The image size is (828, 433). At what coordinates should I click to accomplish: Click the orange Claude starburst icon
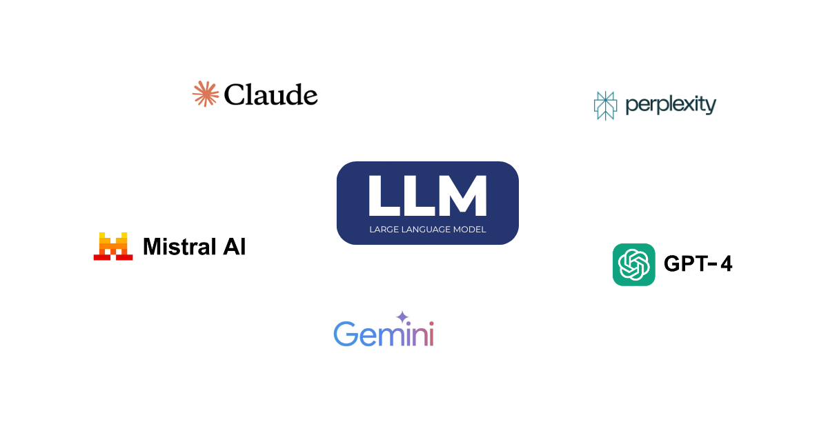[x=205, y=94]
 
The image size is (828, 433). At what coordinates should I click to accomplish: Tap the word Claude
[x=271, y=95]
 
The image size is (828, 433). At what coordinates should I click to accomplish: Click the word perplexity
[x=671, y=105]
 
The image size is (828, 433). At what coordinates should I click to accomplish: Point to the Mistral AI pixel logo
[x=113, y=246]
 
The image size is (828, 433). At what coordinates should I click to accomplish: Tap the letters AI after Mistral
[x=233, y=246]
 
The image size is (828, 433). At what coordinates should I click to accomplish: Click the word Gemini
[x=384, y=334]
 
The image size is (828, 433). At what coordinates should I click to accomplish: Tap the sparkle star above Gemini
[x=402, y=317]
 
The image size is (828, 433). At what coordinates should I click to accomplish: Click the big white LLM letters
[x=427, y=196]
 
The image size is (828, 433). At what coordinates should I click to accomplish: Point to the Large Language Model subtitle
[x=427, y=230]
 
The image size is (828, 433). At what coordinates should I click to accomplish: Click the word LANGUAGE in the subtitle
[x=427, y=230]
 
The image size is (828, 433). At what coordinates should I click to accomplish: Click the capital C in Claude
[x=235, y=95]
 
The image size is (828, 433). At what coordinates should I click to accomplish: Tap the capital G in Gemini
[x=344, y=334]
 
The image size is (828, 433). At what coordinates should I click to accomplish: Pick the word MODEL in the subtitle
[x=471, y=230]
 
